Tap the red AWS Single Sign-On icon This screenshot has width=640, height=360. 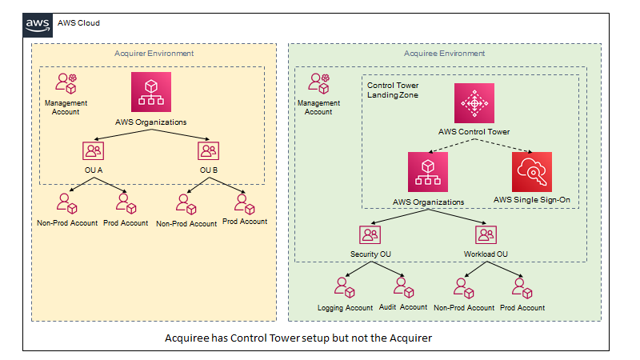[x=532, y=171]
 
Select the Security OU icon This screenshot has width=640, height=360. [x=370, y=234]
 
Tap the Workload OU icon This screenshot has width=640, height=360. [x=486, y=234]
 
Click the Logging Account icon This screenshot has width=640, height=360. [x=344, y=286]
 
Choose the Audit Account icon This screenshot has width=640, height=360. [x=402, y=286]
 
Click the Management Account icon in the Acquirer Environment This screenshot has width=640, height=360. [x=65, y=83]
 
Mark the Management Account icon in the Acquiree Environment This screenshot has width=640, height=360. [x=318, y=83]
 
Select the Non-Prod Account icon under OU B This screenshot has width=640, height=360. [x=186, y=202]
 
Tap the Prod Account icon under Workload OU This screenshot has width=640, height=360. [x=521, y=286]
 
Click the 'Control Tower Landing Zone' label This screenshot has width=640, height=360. [x=393, y=90]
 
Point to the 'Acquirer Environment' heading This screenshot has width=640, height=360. [x=154, y=54]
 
